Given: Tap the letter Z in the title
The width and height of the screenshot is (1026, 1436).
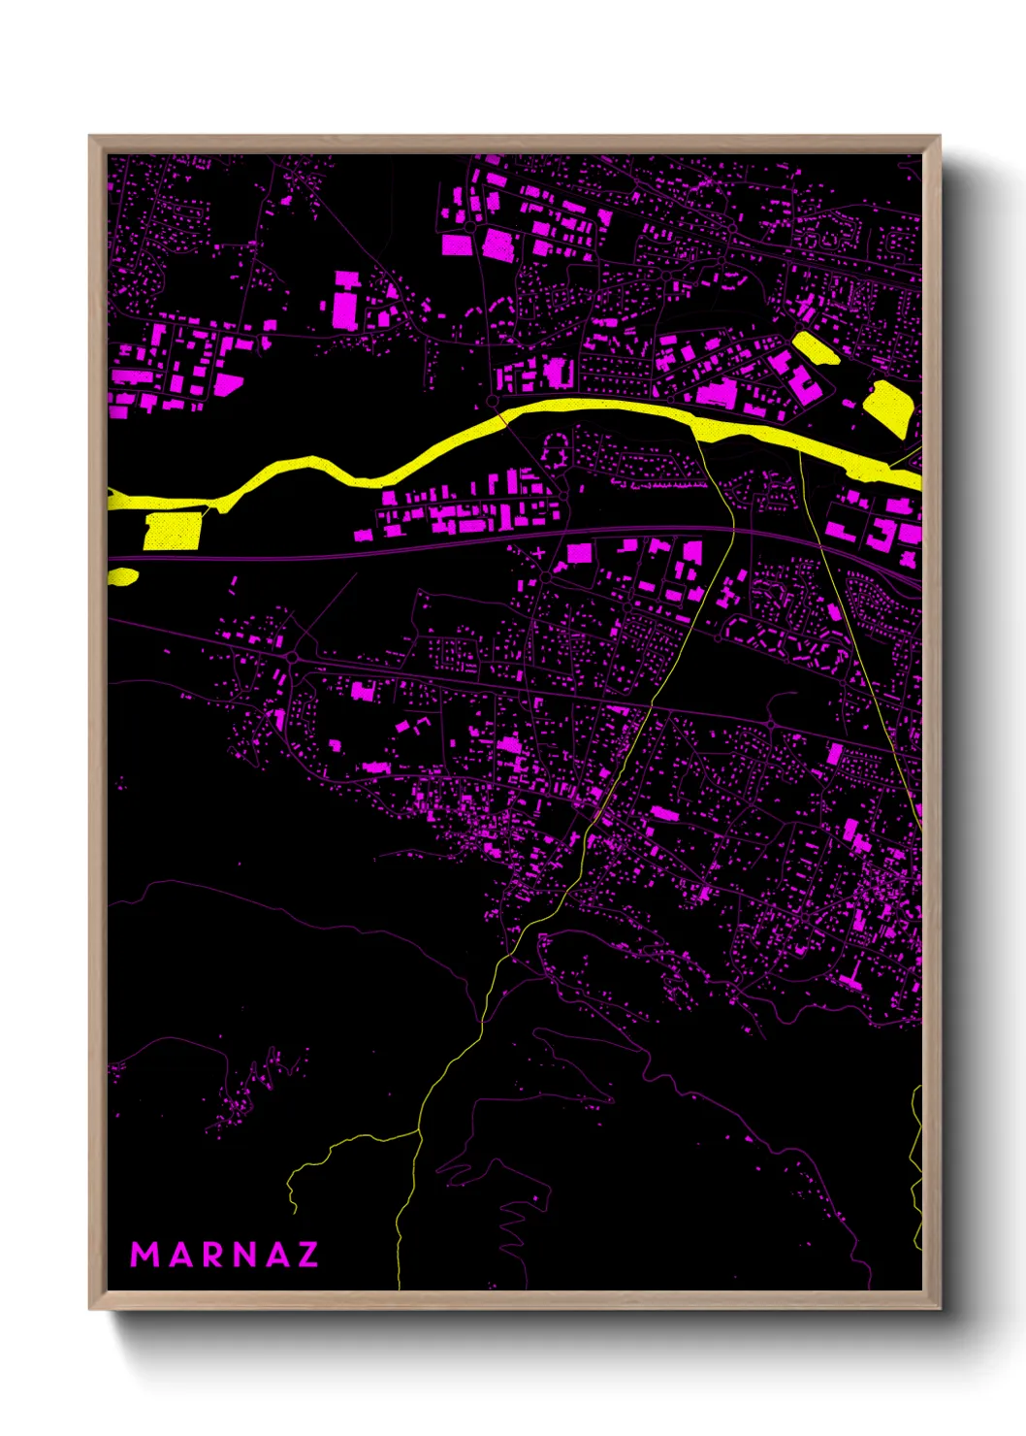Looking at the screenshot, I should pos(307,1255).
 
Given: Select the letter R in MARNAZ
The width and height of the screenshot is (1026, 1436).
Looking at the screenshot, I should pos(213,1255).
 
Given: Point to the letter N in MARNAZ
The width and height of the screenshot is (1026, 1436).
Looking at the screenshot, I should pos(244,1255).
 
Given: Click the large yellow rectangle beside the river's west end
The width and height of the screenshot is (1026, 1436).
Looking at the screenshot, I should pos(172,531).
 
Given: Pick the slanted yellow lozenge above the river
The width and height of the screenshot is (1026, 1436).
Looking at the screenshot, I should pos(816,347).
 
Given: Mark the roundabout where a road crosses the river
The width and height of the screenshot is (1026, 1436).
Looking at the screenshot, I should pos(493,401).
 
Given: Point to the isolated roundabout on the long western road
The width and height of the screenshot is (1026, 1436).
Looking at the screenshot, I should pos(292,657).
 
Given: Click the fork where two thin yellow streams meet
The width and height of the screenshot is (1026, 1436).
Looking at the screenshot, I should pos(419,1130).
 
